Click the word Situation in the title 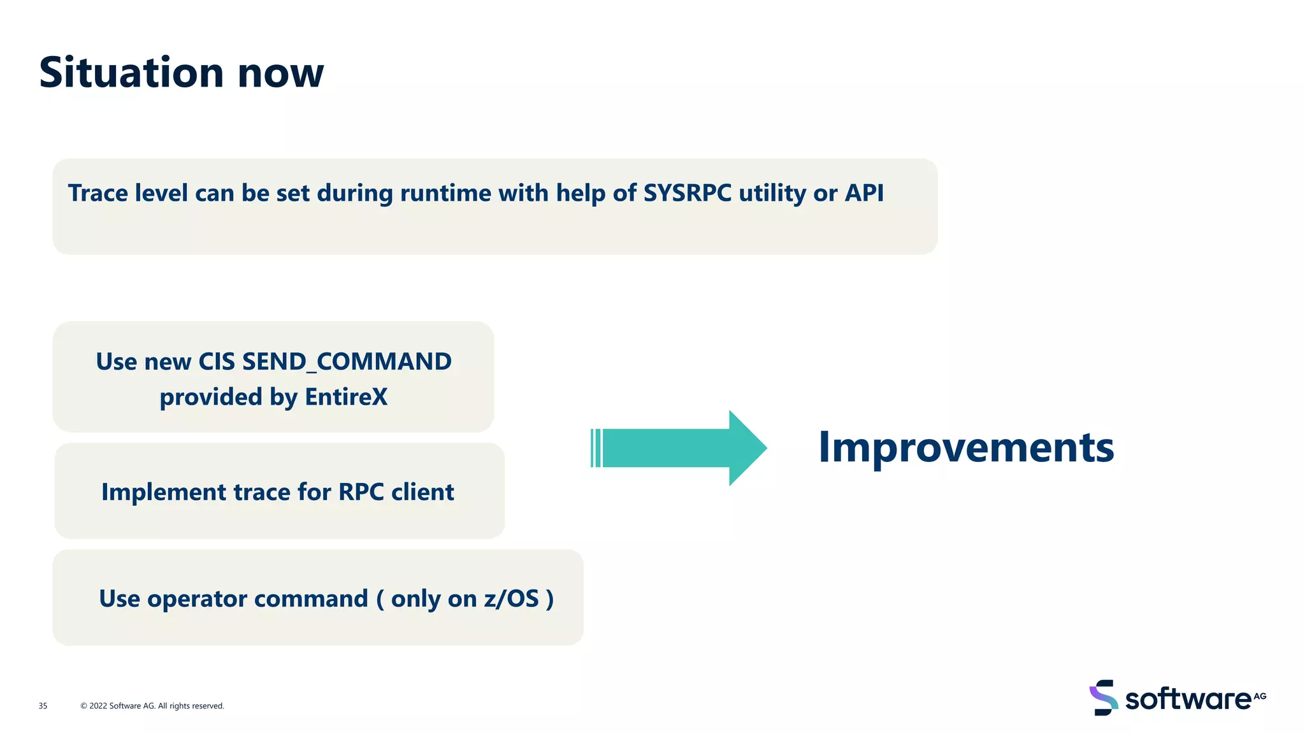[x=131, y=73]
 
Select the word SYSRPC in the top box [x=687, y=193]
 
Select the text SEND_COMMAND [x=347, y=362]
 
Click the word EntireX [x=346, y=397]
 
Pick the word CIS [x=217, y=362]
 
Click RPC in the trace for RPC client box [x=361, y=493]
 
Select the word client [x=422, y=493]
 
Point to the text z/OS [x=511, y=599]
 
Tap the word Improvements [x=965, y=448]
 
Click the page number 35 [x=43, y=706]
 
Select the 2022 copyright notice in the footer [x=152, y=706]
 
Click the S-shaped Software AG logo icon [x=1104, y=698]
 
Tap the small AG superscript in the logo [x=1260, y=696]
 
